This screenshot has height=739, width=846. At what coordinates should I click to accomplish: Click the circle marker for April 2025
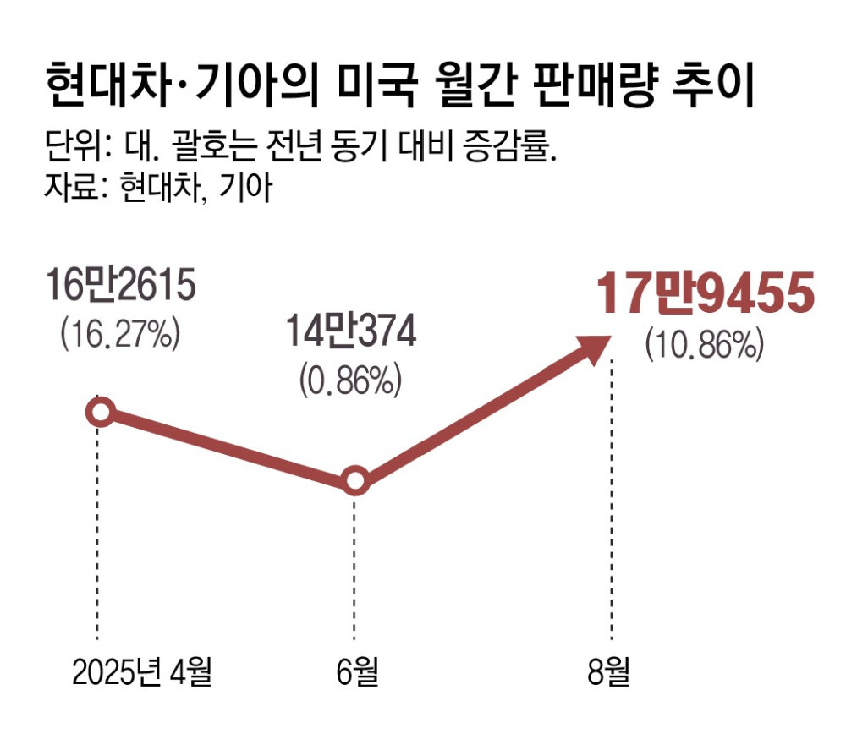click(x=101, y=413)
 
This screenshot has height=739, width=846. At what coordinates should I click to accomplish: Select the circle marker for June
click(x=355, y=481)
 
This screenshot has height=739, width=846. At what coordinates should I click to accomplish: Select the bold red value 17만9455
click(x=704, y=295)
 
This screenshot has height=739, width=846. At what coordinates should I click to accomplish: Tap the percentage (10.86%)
click(x=705, y=344)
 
